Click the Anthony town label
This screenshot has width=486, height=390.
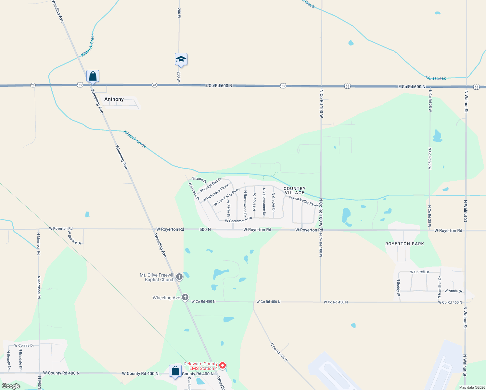coord(114,99)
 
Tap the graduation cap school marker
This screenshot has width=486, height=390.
coord(181,59)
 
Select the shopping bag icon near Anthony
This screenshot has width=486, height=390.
coord(93,76)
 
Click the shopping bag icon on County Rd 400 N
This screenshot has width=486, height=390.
coord(175,371)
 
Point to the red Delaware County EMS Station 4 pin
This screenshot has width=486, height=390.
coord(223,366)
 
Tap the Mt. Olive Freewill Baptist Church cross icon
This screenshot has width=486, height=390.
coord(179,277)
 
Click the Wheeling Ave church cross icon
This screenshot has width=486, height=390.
coord(185,297)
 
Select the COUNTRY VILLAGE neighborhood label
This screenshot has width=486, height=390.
coord(294,190)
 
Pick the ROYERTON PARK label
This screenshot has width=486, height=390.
coord(404,244)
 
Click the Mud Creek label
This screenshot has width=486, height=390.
coord(436,78)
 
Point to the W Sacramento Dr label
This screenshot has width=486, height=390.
coord(238,220)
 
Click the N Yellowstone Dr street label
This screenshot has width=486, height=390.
coord(264,201)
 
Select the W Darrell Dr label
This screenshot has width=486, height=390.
coord(419,272)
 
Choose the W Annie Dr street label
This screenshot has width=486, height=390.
coord(453,291)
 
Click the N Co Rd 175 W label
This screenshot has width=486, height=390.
coord(279,352)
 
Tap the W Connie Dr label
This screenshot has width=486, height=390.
coord(24,345)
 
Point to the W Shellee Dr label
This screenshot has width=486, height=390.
coord(74,238)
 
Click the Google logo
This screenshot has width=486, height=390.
coord(11,386)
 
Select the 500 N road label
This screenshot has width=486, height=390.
coord(205,229)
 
